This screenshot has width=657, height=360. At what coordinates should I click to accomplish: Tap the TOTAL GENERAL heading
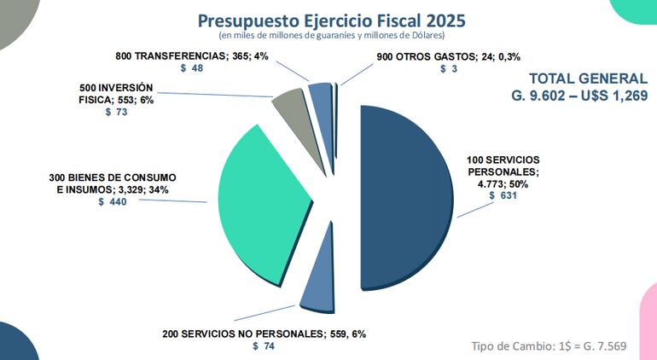coord(588,78)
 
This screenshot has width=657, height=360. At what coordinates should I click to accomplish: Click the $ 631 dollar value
coord(503,195)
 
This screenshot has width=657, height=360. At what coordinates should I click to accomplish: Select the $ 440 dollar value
coord(113,202)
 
